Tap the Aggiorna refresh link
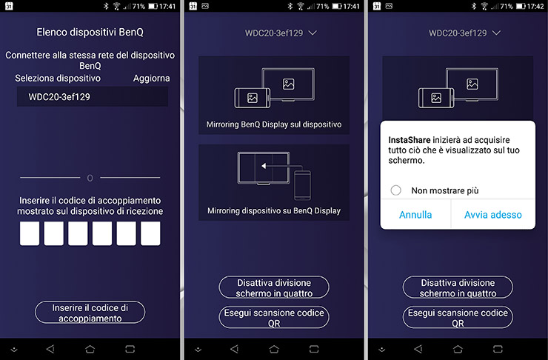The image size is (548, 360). pos(151,79)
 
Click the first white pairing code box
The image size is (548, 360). pos(30,233)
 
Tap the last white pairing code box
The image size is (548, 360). pos(150,233)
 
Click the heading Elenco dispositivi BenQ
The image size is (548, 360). pos(90,32)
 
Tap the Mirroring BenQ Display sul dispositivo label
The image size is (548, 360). pos(274,124)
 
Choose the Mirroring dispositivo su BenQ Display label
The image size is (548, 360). pos(274,211)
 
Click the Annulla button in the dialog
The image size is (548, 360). pos(415,215)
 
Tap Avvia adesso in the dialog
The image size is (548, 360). pos(493,215)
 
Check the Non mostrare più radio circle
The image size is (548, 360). pos(396,190)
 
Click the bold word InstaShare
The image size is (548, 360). pos(410,140)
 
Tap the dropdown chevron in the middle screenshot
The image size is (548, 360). pos(313,33)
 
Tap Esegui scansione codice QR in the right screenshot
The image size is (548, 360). pos(458,317)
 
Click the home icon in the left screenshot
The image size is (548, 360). pos(90,349)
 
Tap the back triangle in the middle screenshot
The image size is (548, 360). pos(234,348)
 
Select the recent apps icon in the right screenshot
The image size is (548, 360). pos(498,349)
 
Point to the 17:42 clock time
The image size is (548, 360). pos(535,6)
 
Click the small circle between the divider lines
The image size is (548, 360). pos(90,179)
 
